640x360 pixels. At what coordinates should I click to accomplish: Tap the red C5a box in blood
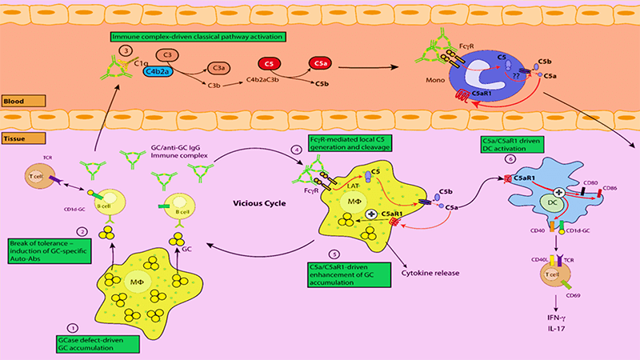(320, 62)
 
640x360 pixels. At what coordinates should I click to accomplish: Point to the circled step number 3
(124, 50)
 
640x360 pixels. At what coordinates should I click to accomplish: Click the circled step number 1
(73, 327)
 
